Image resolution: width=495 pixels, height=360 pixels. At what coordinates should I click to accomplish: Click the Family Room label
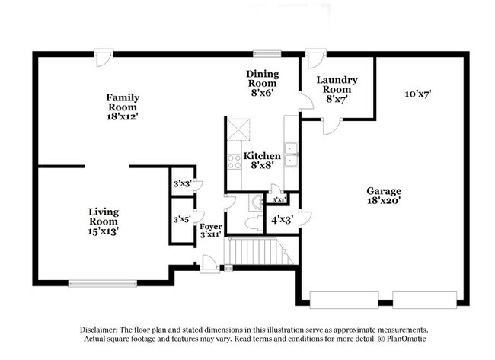point(123,107)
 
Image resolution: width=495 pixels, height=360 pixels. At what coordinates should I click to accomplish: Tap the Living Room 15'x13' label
point(103,220)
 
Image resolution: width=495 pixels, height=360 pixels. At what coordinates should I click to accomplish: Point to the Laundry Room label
point(337,88)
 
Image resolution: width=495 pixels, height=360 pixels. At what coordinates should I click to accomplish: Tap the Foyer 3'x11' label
point(211,231)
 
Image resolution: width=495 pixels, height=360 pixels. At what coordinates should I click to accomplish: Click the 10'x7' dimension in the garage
point(418,94)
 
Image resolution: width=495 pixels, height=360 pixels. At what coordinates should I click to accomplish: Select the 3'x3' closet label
point(181,183)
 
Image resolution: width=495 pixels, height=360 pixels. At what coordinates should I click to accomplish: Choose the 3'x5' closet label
point(181,219)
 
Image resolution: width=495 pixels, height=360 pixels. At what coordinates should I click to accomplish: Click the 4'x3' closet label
point(281,219)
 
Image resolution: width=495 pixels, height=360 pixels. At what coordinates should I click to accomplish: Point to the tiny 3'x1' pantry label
point(279,199)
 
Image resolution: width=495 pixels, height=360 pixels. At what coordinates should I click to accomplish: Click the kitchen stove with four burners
point(235,161)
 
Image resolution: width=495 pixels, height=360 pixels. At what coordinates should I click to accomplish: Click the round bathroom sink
point(257,202)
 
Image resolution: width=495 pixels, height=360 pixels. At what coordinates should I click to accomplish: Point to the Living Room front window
point(102,284)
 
